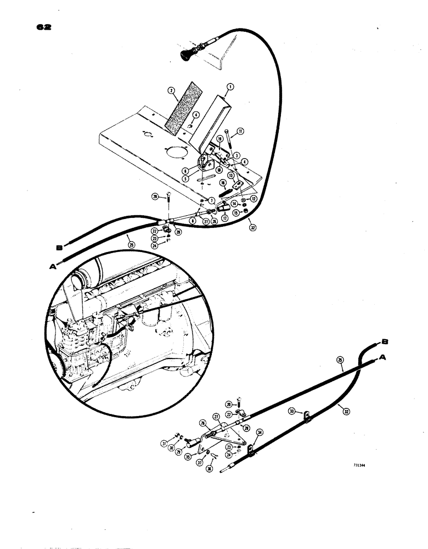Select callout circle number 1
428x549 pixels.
coord(230,86)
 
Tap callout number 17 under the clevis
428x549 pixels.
coord(224,217)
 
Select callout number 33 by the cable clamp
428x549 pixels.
coord(292,410)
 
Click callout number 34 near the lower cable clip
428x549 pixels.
coord(260,433)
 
